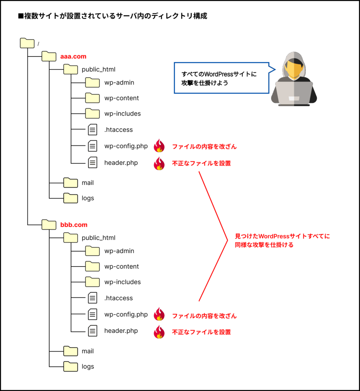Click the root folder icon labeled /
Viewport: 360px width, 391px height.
pos(27,43)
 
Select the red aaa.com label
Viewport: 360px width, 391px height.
pos(73,57)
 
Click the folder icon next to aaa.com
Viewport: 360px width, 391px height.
pos(49,56)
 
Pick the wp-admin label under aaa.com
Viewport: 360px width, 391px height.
pos(119,82)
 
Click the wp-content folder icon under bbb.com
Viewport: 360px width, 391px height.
pos(92,266)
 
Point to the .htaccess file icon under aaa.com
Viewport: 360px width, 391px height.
pos(92,130)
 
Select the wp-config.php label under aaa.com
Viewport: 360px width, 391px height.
pos(126,146)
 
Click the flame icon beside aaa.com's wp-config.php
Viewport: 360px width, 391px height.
pos(159,146)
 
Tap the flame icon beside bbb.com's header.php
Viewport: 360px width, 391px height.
pos(159,331)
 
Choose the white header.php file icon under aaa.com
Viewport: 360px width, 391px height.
pos(92,163)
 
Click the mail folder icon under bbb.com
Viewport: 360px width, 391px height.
pos(71,351)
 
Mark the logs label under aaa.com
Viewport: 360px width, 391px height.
pos(88,198)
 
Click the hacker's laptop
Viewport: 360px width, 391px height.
pos(294,94)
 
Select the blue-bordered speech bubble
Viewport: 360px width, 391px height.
pos(221,78)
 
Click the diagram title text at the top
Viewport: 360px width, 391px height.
pos(113,16)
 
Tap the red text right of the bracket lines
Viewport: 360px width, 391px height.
pos(282,241)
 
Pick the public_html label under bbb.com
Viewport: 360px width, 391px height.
pos(98,238)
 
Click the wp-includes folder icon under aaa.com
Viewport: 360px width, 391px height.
pos(92,113)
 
